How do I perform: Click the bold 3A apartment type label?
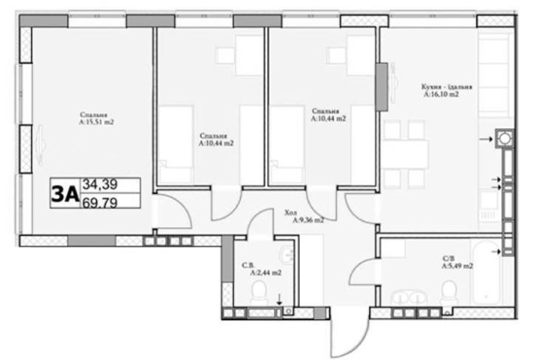(x=64, y=193)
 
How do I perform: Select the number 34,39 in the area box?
(x=100, y=184)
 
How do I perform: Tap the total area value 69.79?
(x=100, y=202)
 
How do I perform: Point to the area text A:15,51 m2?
(x=96, y=121)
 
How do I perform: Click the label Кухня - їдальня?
(x=444, y=88)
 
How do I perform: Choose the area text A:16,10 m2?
(x=441, y=96)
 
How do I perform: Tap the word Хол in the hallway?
(x=291, y=212)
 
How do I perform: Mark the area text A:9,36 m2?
(x=308, y=220)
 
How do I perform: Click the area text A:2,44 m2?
(x=265, y=272)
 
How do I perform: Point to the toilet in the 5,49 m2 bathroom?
(x=449, y=291)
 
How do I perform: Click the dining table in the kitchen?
(x=405, y=154)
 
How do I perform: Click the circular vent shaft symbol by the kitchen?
(x=503, y=139)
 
